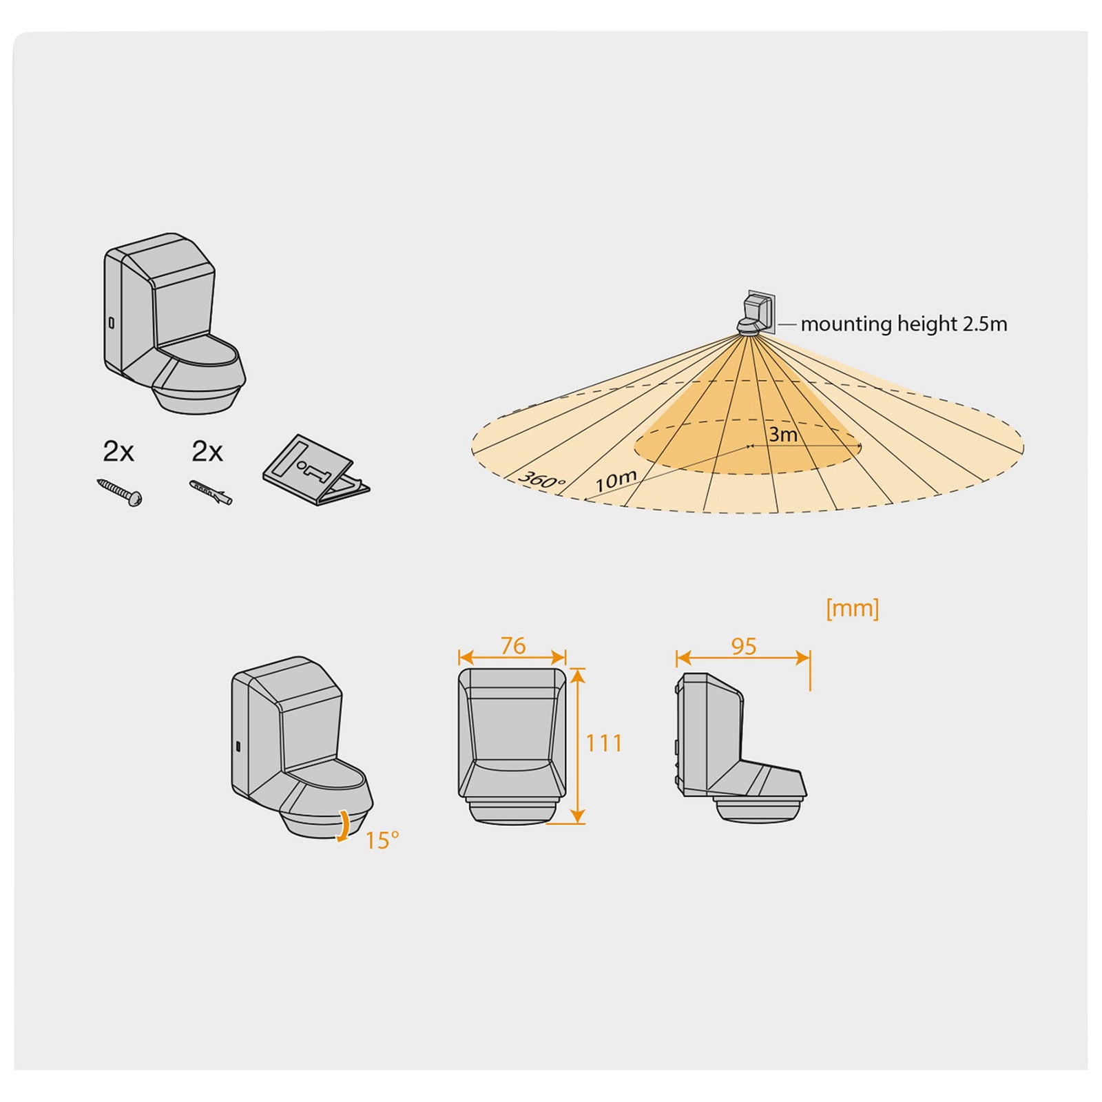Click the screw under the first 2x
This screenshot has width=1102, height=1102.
coord(120,492)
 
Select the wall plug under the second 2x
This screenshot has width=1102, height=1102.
coord(211,492)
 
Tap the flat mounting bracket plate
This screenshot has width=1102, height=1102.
coord(316,470)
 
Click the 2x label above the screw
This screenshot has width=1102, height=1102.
coord(118,452)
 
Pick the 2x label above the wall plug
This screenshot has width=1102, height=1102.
coord(207,452)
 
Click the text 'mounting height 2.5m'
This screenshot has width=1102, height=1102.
coord(904,324)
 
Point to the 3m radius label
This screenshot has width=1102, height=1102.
coord(783,435)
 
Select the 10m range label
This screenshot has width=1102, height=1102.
coord(616,480)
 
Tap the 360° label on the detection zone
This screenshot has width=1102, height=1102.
coord(541,479)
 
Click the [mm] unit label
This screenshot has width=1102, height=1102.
coord(853,608)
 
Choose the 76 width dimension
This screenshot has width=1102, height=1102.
coord(513,645)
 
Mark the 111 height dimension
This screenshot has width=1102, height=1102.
coord(604,743)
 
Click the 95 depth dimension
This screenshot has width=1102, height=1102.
coord(744,646)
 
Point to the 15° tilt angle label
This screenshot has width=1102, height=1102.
coord(382,841)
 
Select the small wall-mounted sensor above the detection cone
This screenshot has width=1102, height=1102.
coord(756,313)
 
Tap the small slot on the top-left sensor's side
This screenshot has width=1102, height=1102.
coord(111,322)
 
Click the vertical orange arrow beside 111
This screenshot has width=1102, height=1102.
coord(578,746)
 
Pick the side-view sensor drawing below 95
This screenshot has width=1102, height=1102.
coord(740,747)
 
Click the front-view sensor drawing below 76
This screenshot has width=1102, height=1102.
coord(512,746)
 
